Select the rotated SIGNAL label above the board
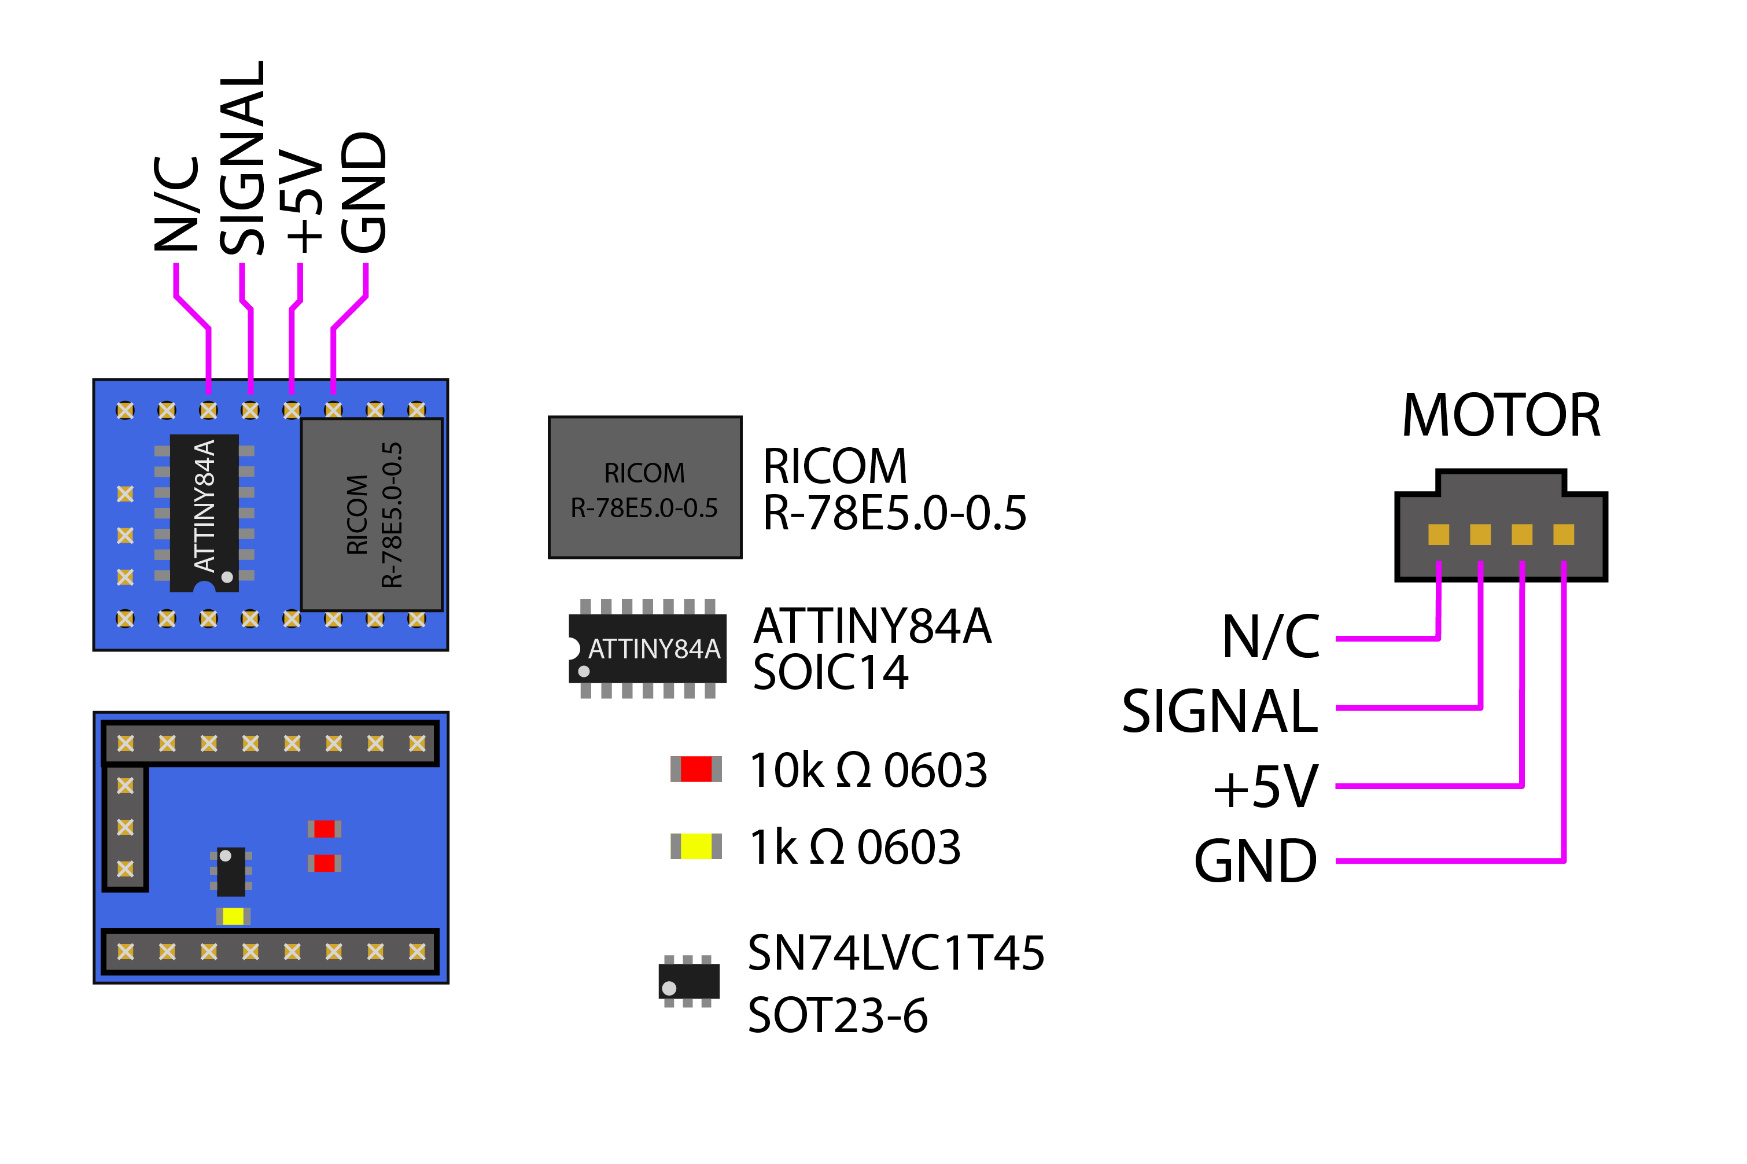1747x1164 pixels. pyautogui.click(x=242, y=157)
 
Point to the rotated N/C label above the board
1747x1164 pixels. pyautogui.click(x=176, y=204)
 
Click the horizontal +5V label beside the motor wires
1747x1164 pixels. pyautogui.click(x=1265, y=786)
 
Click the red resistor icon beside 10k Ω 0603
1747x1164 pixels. pyautogui.click(x=695, y=769)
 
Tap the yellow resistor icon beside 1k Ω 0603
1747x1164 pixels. pyautogui.click(x=695, y=846)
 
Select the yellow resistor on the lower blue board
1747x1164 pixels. pyautogui.click(x=233, y=916)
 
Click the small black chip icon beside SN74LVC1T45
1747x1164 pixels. pyautogui.click(x=689, y=981)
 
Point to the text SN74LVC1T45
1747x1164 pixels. pyautogui.click(x=895, y=953)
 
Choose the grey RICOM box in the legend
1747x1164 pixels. pyautogui.click(x=644, y=487)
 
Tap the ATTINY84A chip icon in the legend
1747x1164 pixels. pyautogui.click(x=647, y=649)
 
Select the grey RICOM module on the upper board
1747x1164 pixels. pyautogui.click(x=371, y=514)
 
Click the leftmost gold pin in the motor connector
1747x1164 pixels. pyautogui.click(x=1438, y=535)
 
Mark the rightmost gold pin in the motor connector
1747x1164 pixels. pyautogui.click(x=1563, y=535)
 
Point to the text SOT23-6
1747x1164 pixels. pyautogui.click(x=837, y=1015)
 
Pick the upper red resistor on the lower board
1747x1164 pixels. pyautogui.click(x=325, y=828)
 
